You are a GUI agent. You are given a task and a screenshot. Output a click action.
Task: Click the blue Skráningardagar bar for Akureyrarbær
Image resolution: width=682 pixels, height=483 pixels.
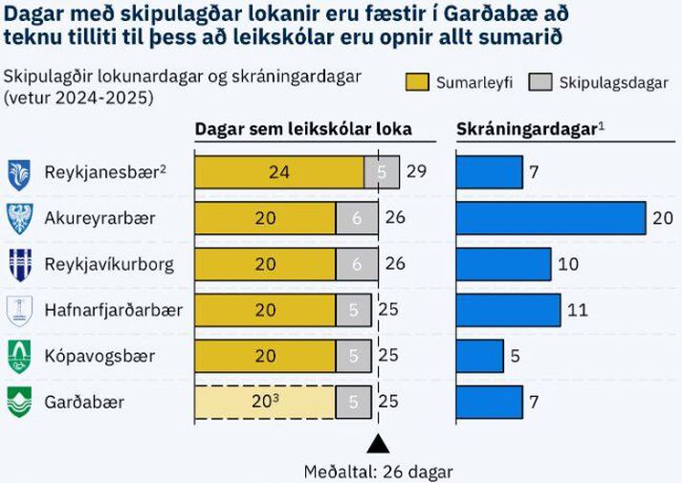[550, 218]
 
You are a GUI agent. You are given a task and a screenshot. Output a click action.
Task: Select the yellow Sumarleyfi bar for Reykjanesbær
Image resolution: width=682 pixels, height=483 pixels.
[279, 173]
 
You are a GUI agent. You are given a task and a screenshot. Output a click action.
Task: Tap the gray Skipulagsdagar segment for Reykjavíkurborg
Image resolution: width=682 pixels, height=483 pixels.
[356, 263]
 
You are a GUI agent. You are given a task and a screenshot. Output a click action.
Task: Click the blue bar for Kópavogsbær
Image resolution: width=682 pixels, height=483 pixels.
[479, 356]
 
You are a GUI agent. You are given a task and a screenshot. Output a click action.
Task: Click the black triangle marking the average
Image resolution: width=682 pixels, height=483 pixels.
[378, 443]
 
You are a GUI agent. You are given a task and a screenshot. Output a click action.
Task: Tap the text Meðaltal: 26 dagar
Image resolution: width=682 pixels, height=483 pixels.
[378, 472]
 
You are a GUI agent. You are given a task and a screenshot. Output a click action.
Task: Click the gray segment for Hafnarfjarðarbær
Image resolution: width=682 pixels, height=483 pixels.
[354, 310]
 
